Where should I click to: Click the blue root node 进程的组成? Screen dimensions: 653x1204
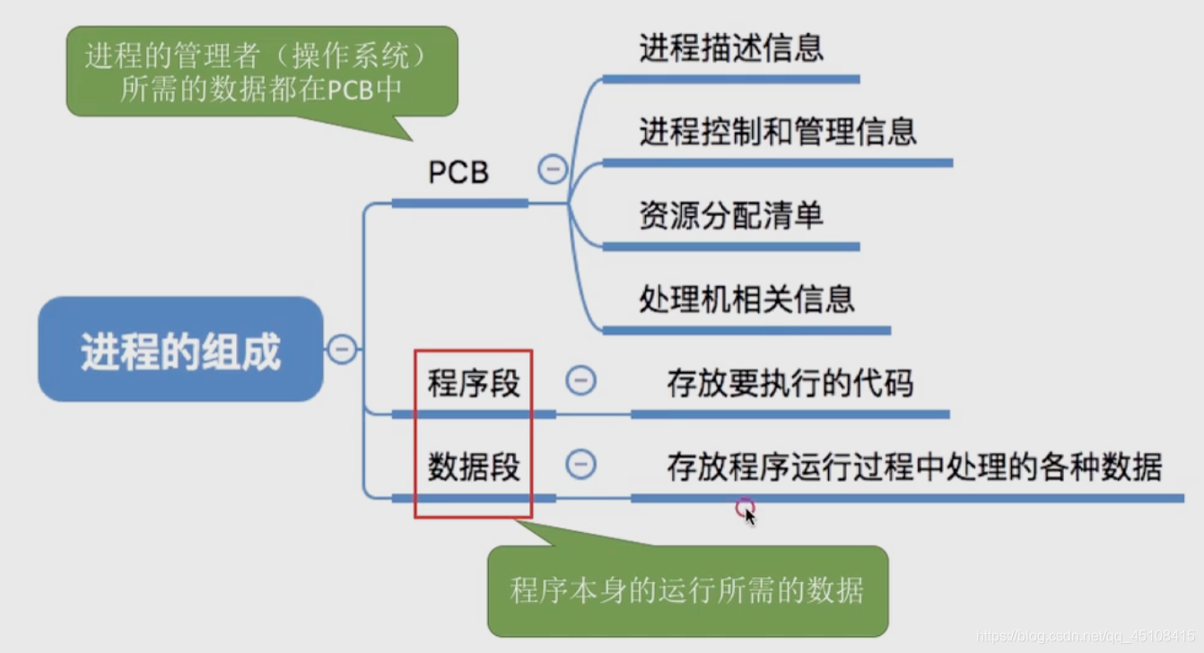tap(180, 350)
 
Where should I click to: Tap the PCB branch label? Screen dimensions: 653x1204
tap(458, 172)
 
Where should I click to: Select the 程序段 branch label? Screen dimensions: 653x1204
tap(474, 384)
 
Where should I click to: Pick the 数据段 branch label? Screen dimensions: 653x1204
tap(474, 466)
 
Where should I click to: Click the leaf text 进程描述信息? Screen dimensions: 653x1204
tap(731, 48)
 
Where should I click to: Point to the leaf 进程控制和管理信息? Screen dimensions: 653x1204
tap(778, 132)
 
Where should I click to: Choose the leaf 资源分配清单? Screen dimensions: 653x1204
tap(731, 215)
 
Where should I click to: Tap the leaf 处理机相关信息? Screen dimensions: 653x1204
tap(746, 299)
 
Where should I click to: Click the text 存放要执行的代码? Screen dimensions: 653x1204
tap(790, 383)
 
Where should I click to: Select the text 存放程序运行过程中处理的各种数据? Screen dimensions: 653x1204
tap(914, 466)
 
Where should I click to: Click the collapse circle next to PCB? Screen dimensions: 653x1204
tap(553, 169)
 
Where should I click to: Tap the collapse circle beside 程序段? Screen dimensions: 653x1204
tap(580, 381)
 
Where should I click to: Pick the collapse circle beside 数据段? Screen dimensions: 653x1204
tap(580, 464)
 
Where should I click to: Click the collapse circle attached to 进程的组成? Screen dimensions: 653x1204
tap(342, 348)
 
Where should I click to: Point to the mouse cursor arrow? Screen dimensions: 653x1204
tap(750, 516)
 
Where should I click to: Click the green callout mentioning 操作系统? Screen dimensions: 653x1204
tap(261, 73)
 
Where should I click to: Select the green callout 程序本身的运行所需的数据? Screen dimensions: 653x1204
tap(687, 591)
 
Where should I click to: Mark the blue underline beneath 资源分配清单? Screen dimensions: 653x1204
tap(731, 247)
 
